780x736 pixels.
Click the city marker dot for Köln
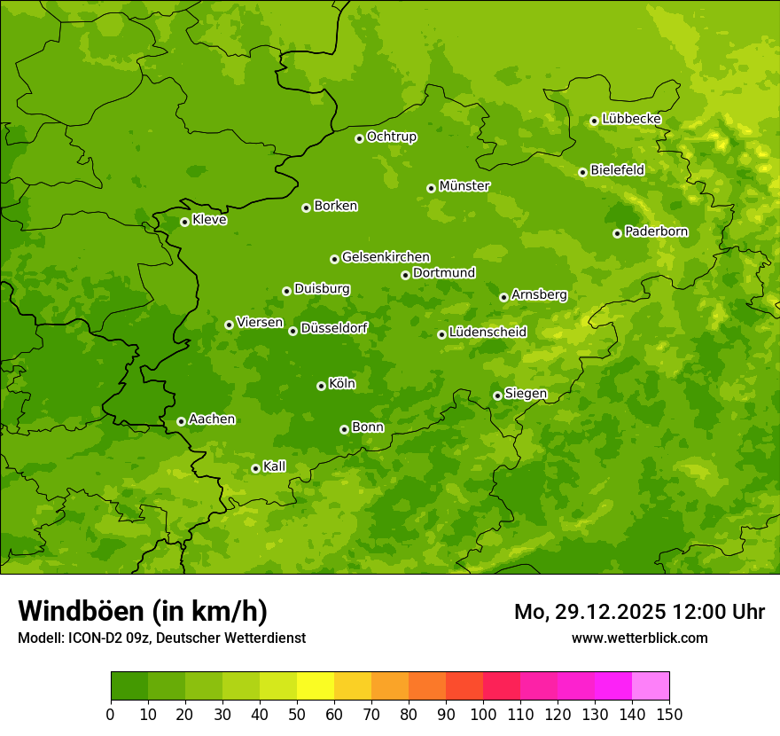click(x=321, y=386)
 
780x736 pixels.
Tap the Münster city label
click(x=464, y=186)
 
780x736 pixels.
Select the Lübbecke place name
click(x=631, y=119)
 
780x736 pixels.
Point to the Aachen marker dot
click(x=181, y=421)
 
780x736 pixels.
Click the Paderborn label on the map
click(x=656, y=231)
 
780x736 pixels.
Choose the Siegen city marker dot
click(x=497, y=395)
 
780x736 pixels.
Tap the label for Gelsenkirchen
click(x=386, y=257)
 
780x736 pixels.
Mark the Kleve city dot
click(x=184, y=222)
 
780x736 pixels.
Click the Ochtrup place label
click(x=391, y=137)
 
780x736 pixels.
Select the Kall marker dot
click(x=255, y=468)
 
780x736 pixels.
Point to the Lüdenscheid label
click(x=487, y=333)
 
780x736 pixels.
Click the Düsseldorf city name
click(x=334, y=328)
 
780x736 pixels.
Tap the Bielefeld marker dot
click(x=582, y=172)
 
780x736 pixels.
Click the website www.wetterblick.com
click(x=639, y=638)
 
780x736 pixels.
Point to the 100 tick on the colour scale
click(x=483, y=714)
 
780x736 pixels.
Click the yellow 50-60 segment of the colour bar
click(x=316, y=686)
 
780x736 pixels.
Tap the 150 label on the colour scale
click(x=669, y=714)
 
